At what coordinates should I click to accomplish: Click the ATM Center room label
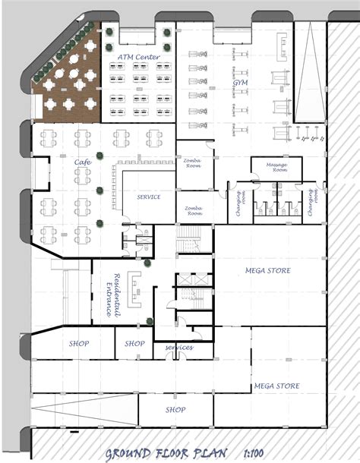tap(138, 58)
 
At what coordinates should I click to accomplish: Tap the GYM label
tap(240, 81)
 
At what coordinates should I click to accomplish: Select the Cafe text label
tap(84, 162)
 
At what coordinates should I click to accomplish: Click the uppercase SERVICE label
tap(148, 197)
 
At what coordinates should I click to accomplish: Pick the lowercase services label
tap(179, 348)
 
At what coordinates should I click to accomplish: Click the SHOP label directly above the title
tap(175, 410)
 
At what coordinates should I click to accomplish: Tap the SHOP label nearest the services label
tap(134, 344)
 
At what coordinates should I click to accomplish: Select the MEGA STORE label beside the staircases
tap(267, 270)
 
